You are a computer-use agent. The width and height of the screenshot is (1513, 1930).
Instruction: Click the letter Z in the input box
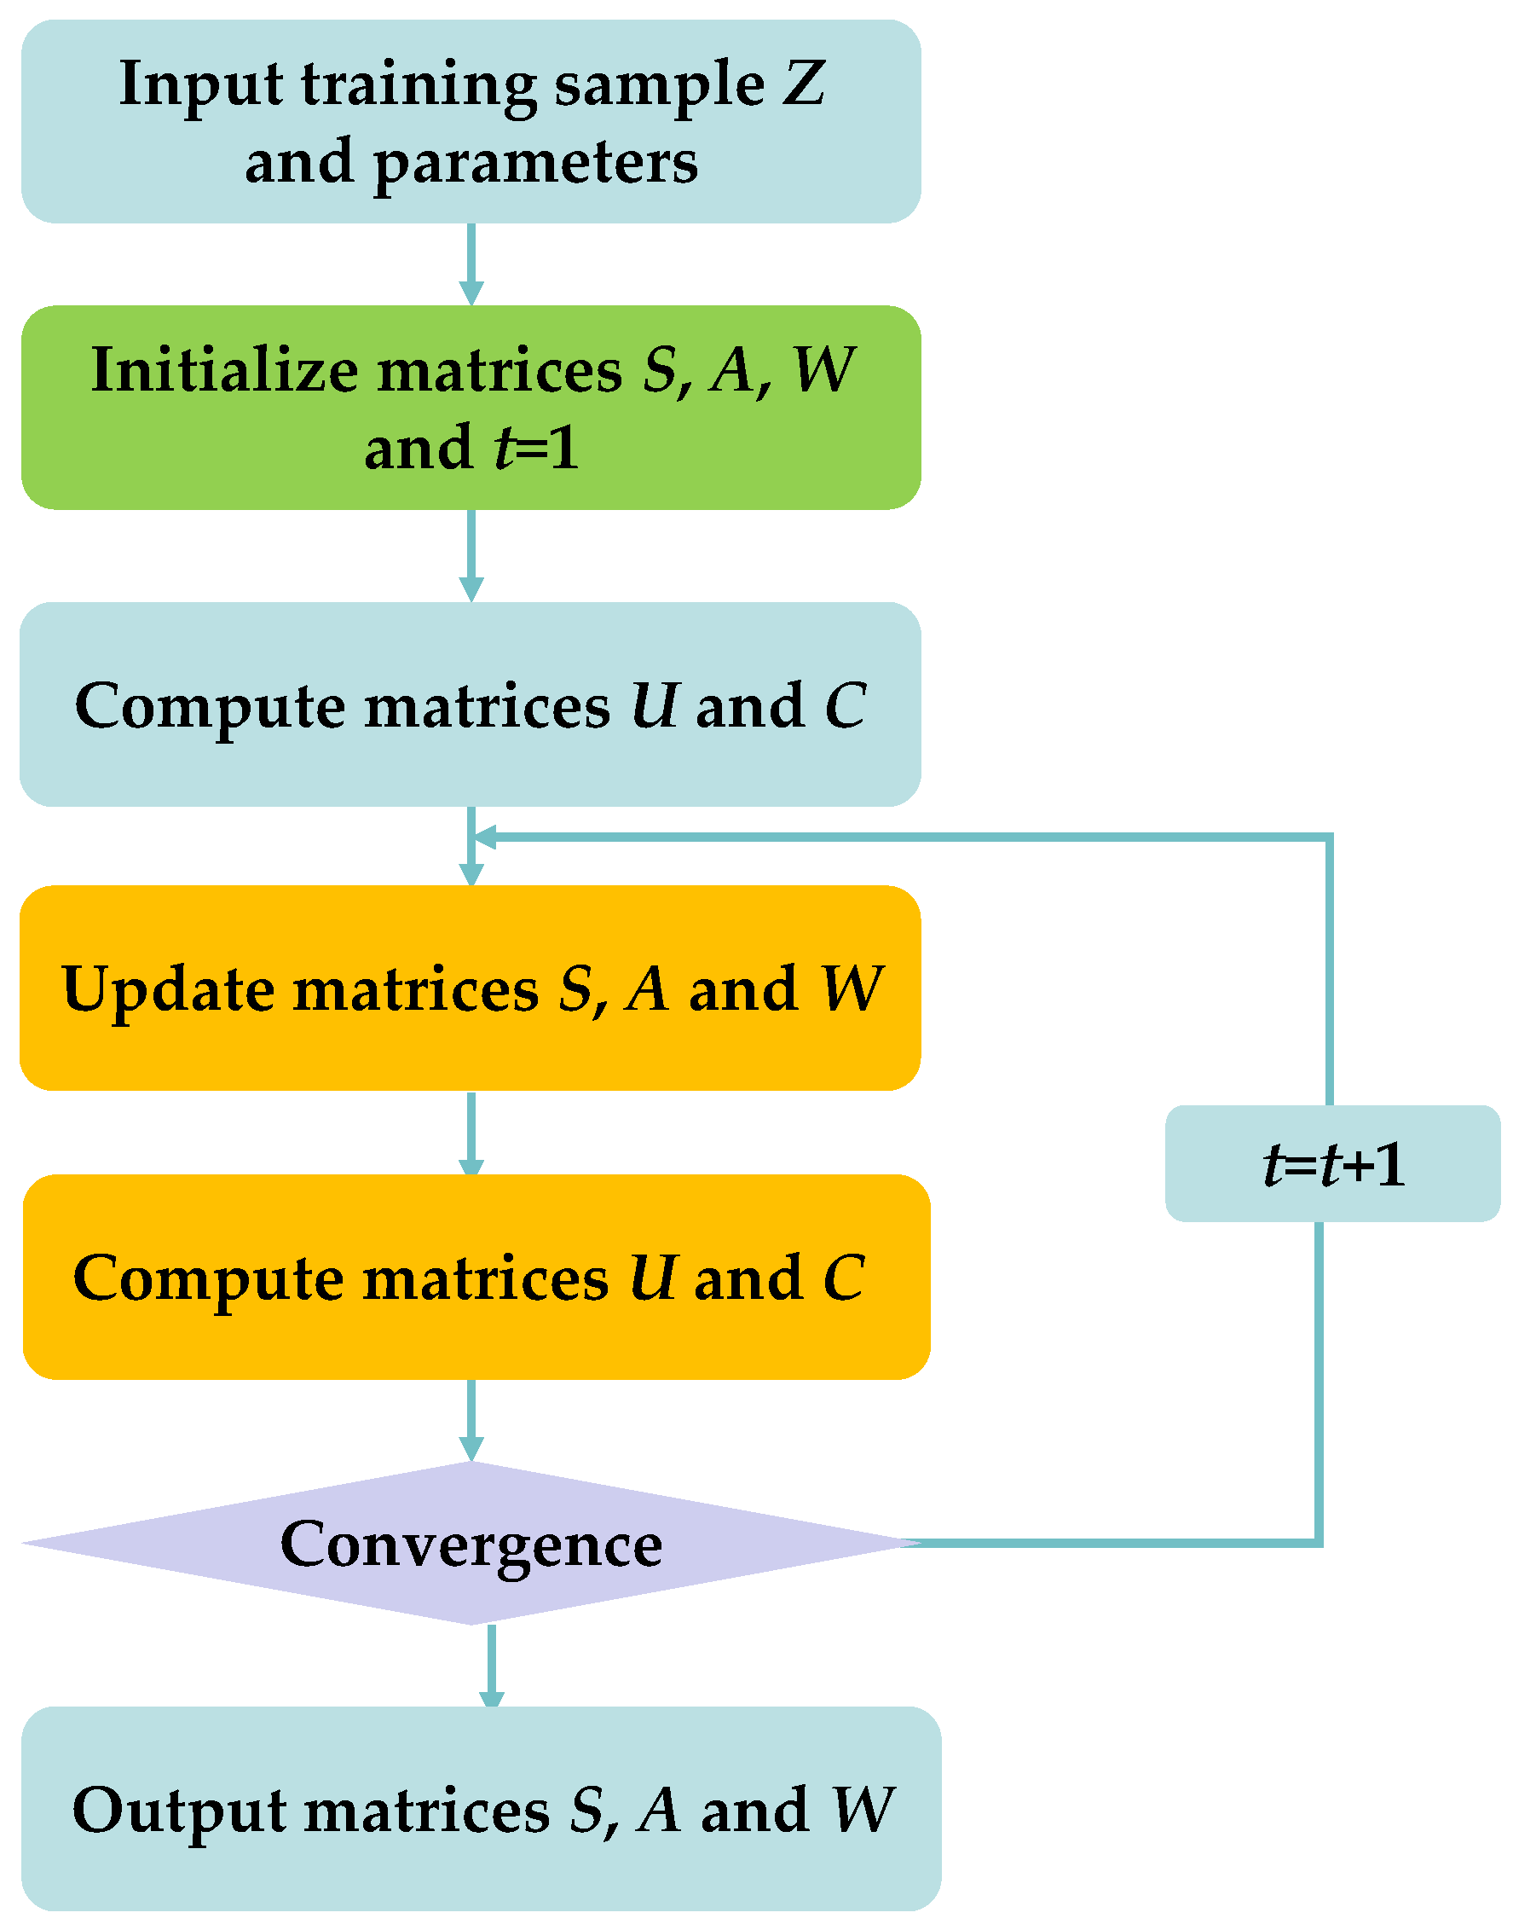click(803, 84)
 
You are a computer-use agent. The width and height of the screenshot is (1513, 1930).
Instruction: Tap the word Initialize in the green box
click(224, 369)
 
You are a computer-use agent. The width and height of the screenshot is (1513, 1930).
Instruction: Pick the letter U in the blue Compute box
click(655, 706)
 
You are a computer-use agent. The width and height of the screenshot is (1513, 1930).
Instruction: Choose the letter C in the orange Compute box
click(843, 1278)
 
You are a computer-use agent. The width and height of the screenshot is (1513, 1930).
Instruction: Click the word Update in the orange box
click(167, 990)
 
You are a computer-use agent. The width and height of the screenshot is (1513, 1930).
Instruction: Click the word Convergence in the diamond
click(471, 1545)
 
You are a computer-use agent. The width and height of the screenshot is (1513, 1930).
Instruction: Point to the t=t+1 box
click(1332, 1163)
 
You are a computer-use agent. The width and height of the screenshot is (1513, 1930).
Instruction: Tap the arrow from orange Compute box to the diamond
click(471, 1420)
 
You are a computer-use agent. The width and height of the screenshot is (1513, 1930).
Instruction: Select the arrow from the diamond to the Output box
click(492, 1666)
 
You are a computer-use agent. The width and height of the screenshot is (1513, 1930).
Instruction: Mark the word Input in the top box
click(201, 86)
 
